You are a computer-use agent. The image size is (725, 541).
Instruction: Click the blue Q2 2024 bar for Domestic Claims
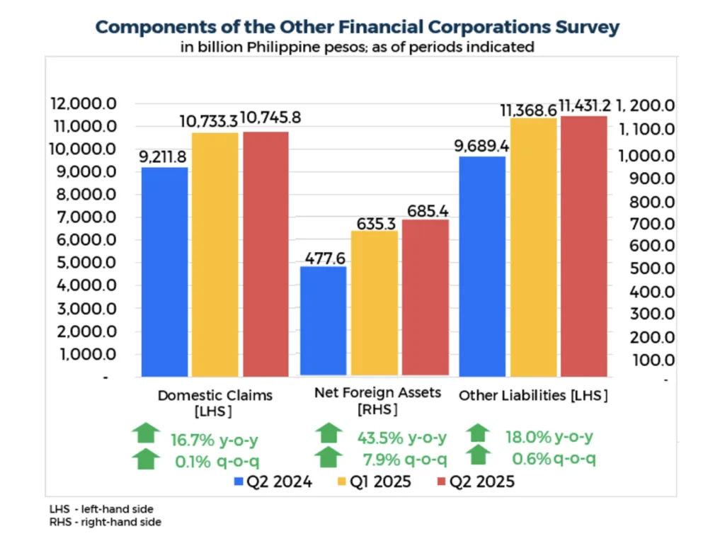point(164,271)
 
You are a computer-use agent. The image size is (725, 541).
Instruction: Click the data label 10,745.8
point(268,118)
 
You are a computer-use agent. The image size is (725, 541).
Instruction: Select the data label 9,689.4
point(481,147)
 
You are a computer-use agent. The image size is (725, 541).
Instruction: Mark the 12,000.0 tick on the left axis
point(83,104)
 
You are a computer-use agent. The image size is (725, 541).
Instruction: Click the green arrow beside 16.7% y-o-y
point(146,432)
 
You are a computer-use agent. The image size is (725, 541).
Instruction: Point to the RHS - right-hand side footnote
point(105,522)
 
